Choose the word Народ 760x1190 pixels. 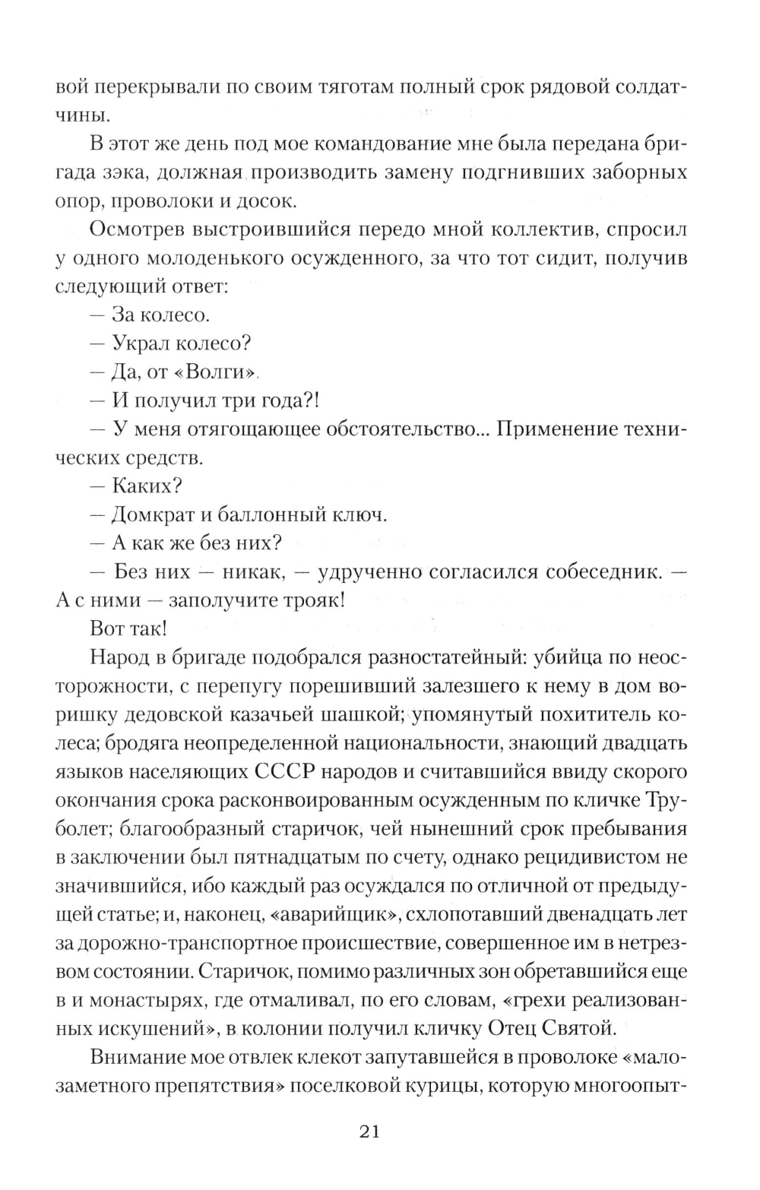coord(119,657)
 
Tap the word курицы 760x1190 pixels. coord(440,1086)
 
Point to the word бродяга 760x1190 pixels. coord(101,743)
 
